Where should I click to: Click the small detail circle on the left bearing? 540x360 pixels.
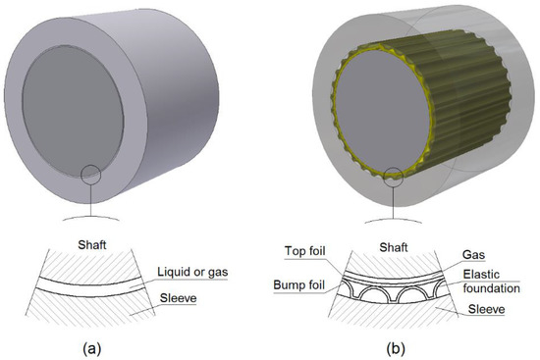(x=90, y=174)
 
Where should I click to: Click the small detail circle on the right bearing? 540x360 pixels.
(x=399, y=178)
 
